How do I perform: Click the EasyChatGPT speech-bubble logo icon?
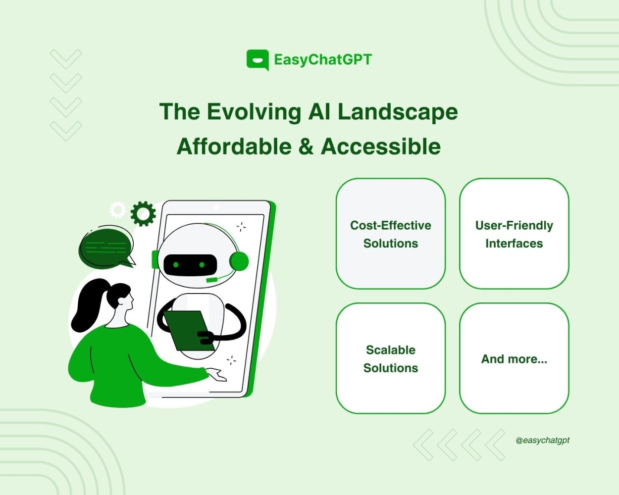coord(258,59)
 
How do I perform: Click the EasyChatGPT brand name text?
coord(323,60)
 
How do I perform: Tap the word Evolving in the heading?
coord(254,112)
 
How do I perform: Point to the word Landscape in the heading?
coord(398,112)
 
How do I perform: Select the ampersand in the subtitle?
coord(306,147)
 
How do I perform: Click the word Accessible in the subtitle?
coord(380,147)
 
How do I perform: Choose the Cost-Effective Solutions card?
coord(391,234)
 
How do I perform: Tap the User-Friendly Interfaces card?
coord(514,234)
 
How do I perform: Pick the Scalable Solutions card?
coord(391,358)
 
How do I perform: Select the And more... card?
coord(514,358)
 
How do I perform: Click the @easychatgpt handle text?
coord(542,441)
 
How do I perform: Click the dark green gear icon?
coord(143,214)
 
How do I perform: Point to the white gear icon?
coord(118,210)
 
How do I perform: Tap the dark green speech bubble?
coord(106,247)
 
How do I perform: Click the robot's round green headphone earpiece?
coord(239,261)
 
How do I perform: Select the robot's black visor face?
coord(190,265)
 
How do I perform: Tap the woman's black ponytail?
coord(88,305)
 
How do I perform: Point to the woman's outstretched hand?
coord(216,375)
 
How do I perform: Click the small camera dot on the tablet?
coord(216,207)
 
